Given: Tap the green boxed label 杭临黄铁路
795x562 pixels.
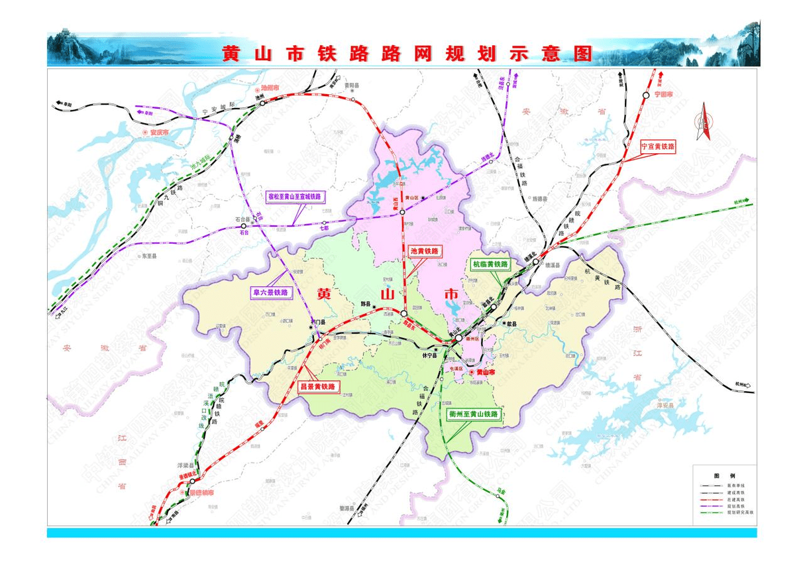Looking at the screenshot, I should click(x=491, y=264).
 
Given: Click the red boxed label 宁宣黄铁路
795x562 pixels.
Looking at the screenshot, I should click(x=657, y=146).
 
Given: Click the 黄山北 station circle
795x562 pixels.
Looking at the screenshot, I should click(x=458, y=339).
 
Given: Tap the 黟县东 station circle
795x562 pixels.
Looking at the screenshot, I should click(x=403, y=313).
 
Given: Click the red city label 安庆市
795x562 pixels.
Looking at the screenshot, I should click(x=158, y=133).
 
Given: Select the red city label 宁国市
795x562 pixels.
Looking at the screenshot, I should click(x=663, y=95).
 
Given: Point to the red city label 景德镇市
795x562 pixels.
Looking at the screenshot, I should click(x=202, y=492).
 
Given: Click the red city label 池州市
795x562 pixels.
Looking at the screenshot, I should click(x=271, y=88).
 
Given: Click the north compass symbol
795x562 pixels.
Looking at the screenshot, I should click(x=704, y=123).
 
